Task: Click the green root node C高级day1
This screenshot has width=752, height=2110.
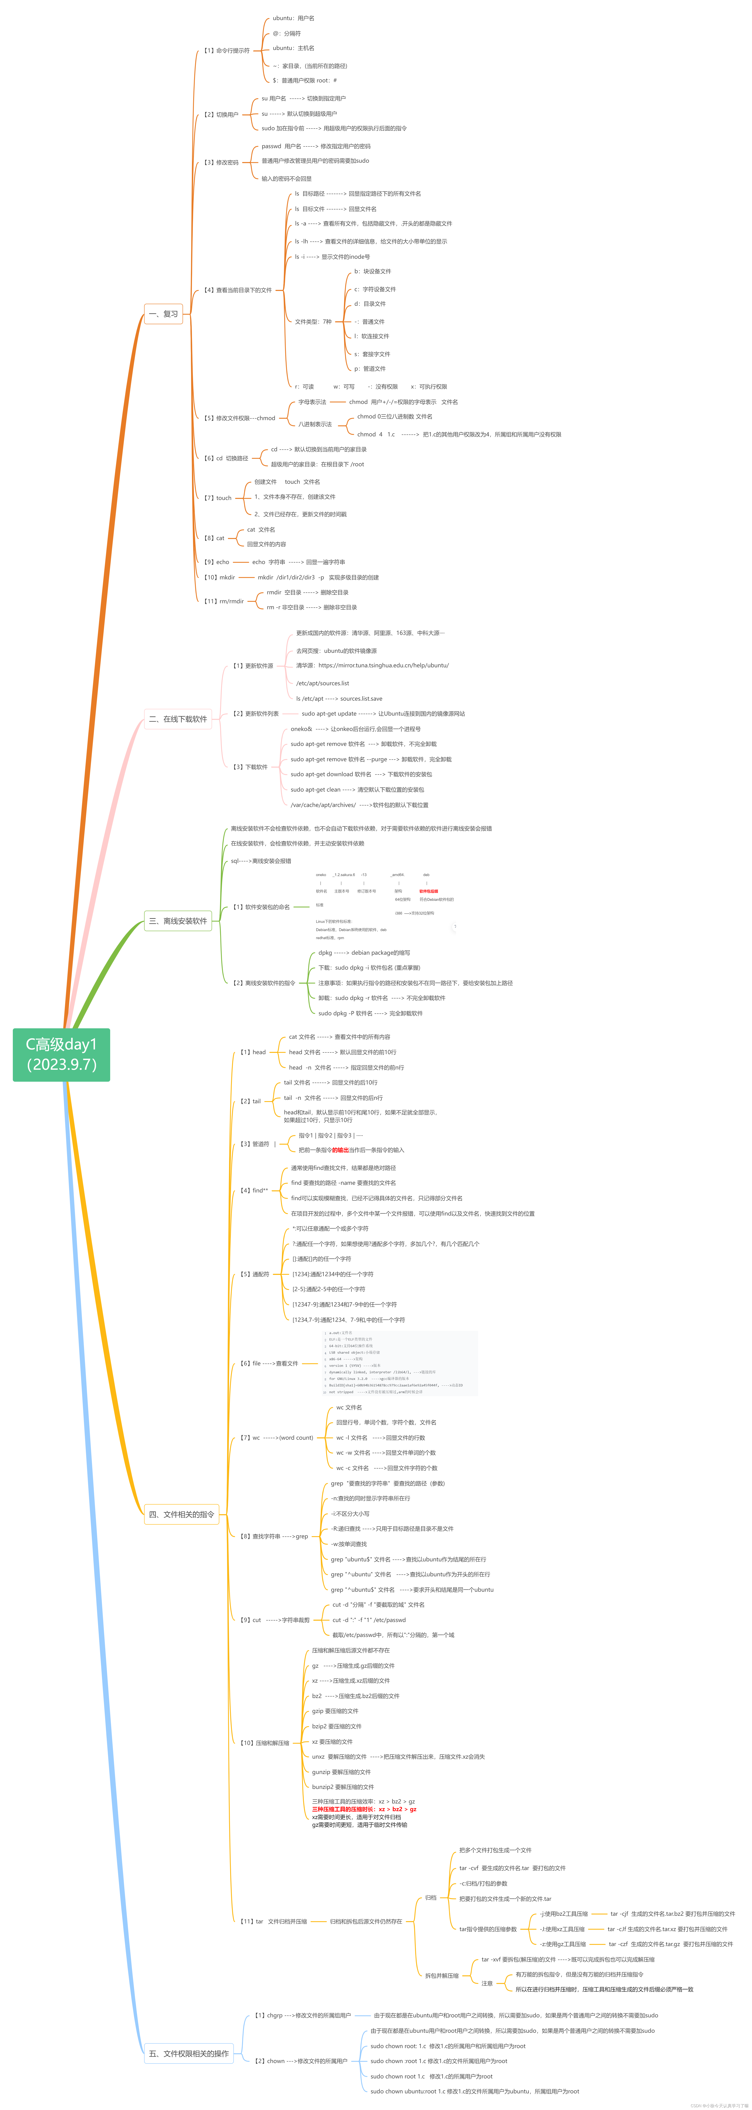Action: tap(61, 1054)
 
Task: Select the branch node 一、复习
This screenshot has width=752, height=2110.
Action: tap(164, 314)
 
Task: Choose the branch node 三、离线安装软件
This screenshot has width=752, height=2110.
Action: tap(178, 921)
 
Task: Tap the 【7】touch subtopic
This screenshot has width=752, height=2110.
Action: tap(218, 498)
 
